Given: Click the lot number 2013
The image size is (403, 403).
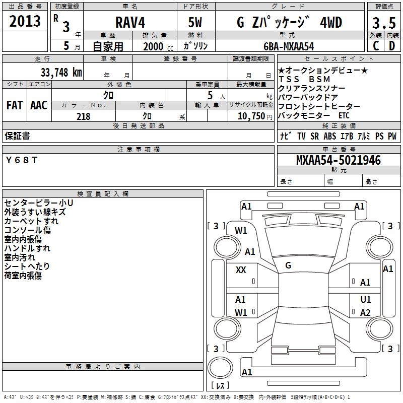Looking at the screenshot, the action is tap(25, 21).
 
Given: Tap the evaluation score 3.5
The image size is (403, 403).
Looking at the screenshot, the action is tap(383, 23).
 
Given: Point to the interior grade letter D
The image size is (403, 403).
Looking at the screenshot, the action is tap(391, 45).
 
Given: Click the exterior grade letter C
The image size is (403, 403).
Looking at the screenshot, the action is tap(375, 45).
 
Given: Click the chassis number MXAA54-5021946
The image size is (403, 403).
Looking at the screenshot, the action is tap(338, 160).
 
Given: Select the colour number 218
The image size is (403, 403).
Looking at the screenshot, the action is tap(84, 116).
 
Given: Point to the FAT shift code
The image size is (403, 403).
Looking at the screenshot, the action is tap(15, 105).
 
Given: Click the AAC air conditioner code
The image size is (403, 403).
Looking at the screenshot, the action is tap(39, 105).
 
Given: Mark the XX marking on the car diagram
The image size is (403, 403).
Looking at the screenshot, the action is tap(241, 270).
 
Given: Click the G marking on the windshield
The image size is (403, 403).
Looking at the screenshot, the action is tap(288, 265).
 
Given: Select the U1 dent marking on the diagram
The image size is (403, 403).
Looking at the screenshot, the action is tap(366, 299).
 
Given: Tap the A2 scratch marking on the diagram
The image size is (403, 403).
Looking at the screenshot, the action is tap(365, 313).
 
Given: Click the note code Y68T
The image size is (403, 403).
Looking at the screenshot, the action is tap(22, 160).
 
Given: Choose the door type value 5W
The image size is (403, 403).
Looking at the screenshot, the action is tap(195, 23).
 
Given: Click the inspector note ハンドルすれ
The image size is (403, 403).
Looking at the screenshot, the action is tap(27, 248).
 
